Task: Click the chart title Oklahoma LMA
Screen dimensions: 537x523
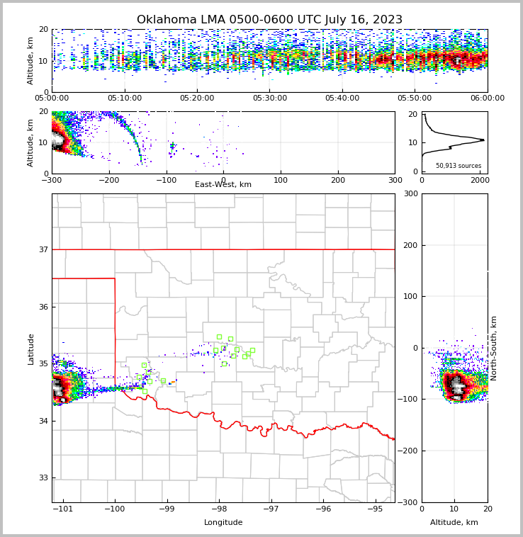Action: (269, 20)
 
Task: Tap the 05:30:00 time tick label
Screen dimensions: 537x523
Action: (269, 98)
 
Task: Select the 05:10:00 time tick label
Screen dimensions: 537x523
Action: (124, 98)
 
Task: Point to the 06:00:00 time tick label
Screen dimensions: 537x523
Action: (487, 98)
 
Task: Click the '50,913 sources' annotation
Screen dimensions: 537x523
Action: (458, 166)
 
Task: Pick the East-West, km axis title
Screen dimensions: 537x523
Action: (223, 185)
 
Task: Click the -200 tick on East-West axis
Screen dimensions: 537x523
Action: (108, 180)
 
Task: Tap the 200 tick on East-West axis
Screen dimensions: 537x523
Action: (338, 180)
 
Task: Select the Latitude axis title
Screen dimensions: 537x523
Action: (31, 349)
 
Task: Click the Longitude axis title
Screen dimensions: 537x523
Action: (223, 523)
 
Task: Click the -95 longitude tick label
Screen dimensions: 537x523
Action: (375, 509)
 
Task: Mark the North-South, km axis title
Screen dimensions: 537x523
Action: (494, 348)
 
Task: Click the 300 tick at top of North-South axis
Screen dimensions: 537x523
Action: (410, 194)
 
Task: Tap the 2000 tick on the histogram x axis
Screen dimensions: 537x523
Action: (480, 180)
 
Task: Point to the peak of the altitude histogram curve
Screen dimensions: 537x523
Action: (483, 140)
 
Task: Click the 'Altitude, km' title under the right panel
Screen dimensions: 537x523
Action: (454, 523)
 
